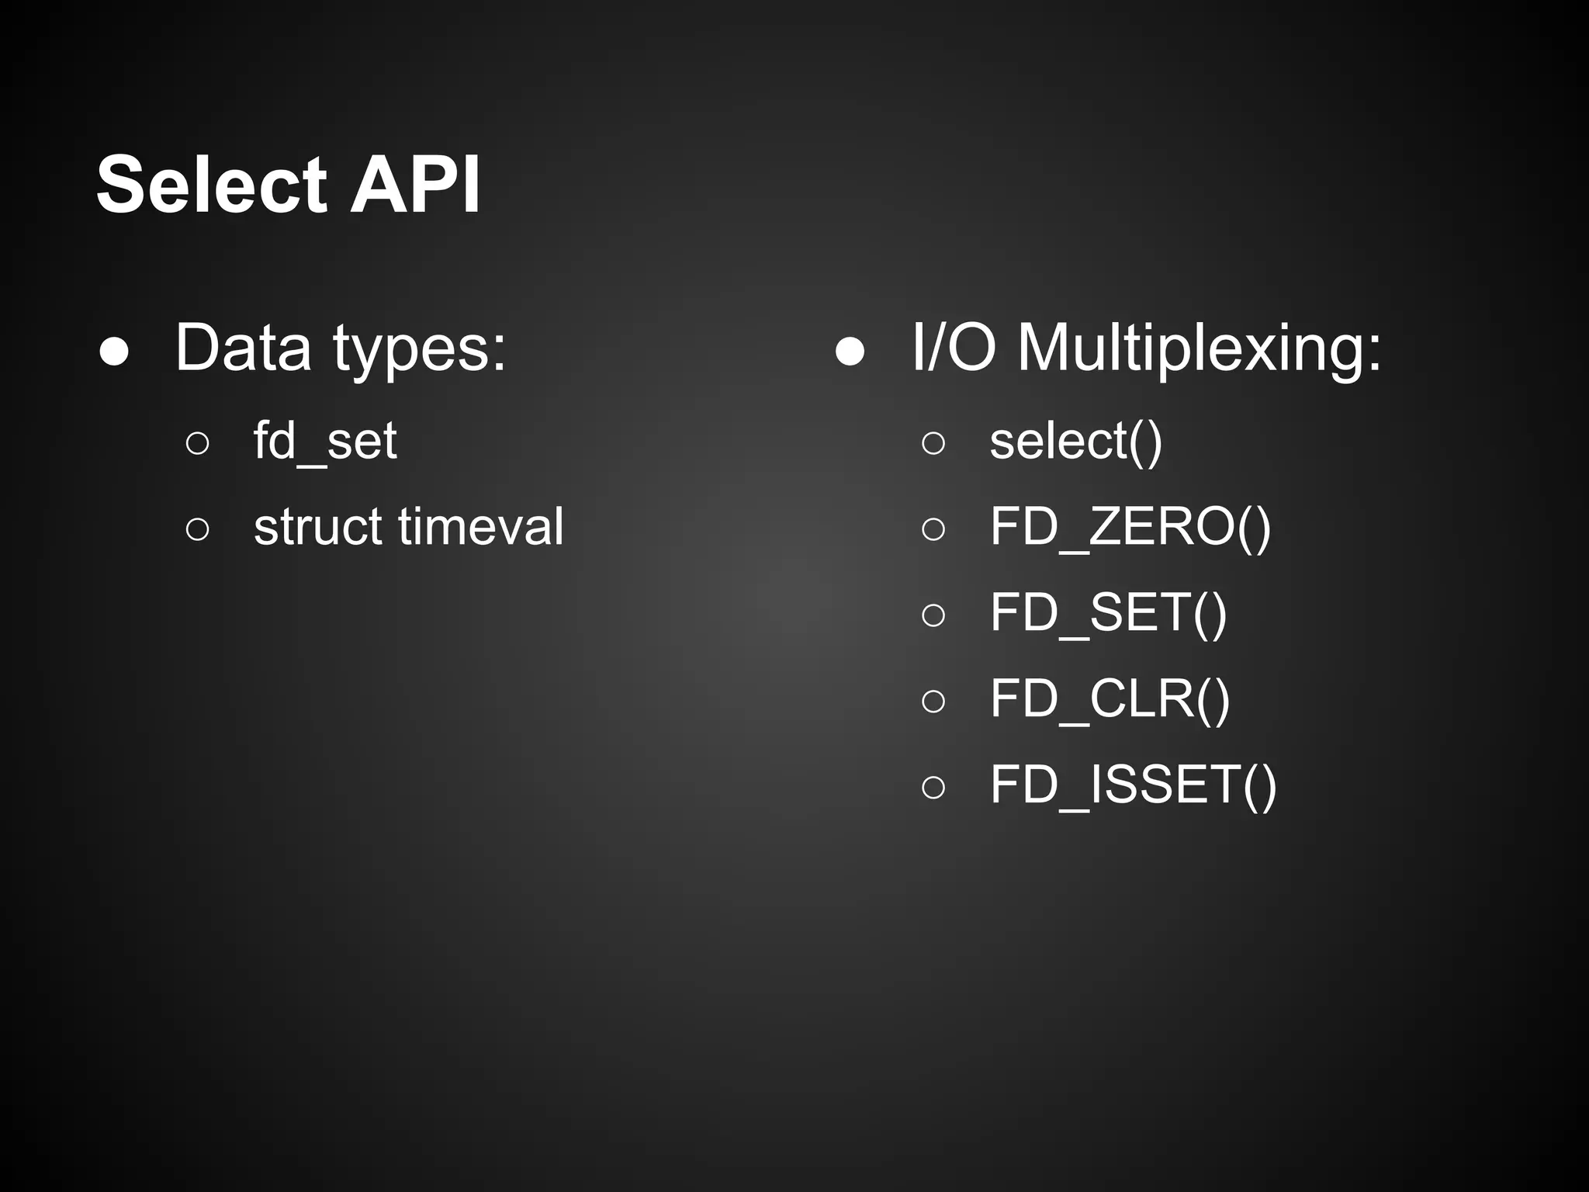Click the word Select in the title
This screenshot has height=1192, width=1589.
tap(212, 185)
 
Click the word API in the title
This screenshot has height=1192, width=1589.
tap(415, 185)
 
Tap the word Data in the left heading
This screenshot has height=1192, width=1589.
tap(243, 348)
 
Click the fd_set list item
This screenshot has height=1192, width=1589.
tap(325, 442)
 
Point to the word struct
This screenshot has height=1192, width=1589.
tap(317, 527)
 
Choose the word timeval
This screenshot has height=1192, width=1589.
tap(480, 527)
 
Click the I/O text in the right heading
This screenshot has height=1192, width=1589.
tap(954, 348)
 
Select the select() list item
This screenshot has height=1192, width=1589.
tap(1076, 442)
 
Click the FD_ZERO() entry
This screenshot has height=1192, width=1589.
tap(1130, 528)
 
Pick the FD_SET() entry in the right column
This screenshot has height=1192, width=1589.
tap(1109, 613)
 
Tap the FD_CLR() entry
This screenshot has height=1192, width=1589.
tap(1110, 699)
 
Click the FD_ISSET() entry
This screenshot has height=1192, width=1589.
tap(1134, 785)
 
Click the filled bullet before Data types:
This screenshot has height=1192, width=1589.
tap(114, 352)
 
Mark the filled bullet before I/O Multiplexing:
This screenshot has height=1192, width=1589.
tap(850, 352)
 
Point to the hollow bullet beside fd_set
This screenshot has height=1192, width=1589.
tap(198, 443)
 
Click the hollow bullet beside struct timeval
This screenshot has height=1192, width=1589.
tap(198, 529)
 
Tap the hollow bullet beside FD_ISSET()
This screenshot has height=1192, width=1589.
tap(933, 787)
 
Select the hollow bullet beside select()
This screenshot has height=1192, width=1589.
tap(933, 443)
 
